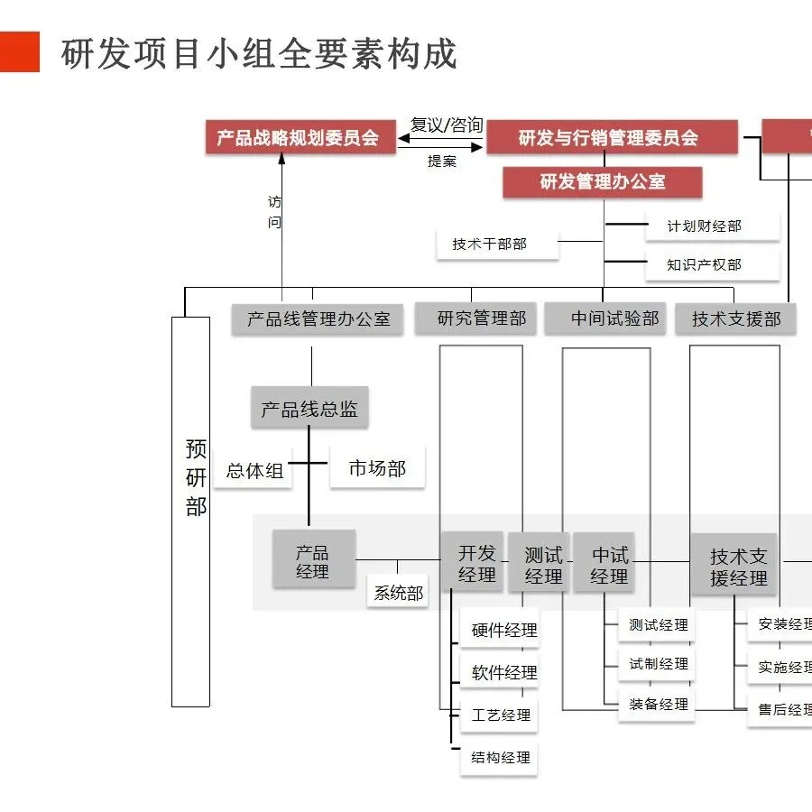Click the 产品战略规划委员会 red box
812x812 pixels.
point(298,138)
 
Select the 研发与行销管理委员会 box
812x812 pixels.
point(608,138)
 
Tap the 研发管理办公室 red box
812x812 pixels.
point(603,182)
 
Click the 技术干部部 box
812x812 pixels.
point(490,244)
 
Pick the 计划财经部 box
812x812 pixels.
point(705,226)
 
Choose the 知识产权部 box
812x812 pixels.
point(705,264)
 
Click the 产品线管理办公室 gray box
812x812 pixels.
point(318,319)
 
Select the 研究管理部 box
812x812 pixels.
point(482,318)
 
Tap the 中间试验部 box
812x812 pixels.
point(614,318)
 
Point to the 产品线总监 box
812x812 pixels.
point(309,410)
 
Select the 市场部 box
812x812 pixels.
point(377,468)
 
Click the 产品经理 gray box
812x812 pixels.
point(313,561)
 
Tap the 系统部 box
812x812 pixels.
point(399,594)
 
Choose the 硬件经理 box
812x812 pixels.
point(504,631)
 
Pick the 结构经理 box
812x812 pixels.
point(501,758)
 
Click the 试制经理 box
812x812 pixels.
point(659,664)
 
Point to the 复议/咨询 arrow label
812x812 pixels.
point(447,125)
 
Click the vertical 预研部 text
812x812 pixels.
point(196,478)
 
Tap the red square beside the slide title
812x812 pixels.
point(20,52)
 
